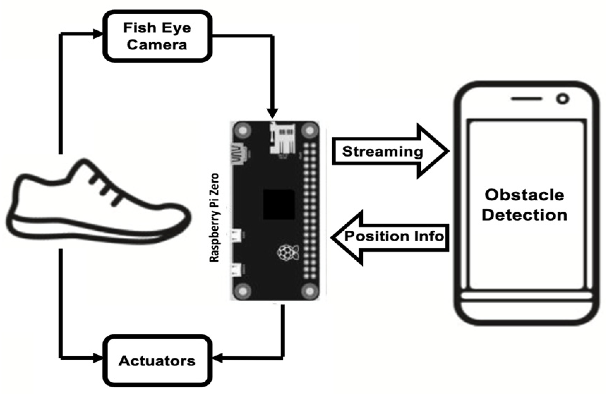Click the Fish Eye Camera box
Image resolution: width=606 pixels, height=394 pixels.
[157, 36]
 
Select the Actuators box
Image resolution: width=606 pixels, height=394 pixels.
[157, 360]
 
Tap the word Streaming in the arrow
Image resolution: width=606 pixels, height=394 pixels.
[383, 151]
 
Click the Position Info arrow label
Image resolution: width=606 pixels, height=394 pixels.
[394, 236]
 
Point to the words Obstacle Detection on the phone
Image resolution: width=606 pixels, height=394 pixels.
[524, 205]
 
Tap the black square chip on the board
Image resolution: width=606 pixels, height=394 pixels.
[279, 205]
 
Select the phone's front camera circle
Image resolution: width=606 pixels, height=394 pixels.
[563, 98]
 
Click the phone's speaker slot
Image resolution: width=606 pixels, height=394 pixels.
[526, 99]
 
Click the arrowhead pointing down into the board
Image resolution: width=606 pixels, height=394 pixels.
[272, 114]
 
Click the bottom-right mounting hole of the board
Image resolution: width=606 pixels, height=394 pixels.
[310, 291]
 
